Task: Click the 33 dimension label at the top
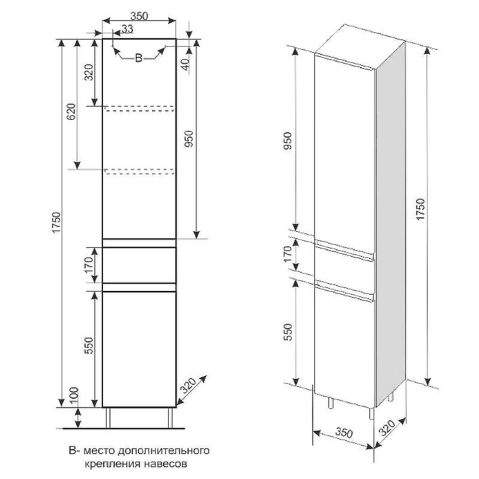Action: [128, 29]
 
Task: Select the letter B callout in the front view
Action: [139, 57]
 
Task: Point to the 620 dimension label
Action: [71, 112]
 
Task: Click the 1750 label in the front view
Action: [57, 223]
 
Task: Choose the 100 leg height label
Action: [74, 396]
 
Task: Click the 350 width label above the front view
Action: [140, 16]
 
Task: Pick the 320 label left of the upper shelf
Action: [89, 72]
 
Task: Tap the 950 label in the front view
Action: [189, 139]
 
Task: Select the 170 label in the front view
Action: [89, 265]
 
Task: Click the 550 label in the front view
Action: [89, 345]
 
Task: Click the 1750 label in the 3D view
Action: [421, 209]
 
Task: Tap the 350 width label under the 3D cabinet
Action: [344, 432]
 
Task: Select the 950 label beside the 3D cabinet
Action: [288, 141]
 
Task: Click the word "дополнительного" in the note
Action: [163, 451]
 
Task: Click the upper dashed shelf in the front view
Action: [140, 108]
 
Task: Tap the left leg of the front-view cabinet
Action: [108, 417]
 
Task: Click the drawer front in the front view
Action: [139, 265]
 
